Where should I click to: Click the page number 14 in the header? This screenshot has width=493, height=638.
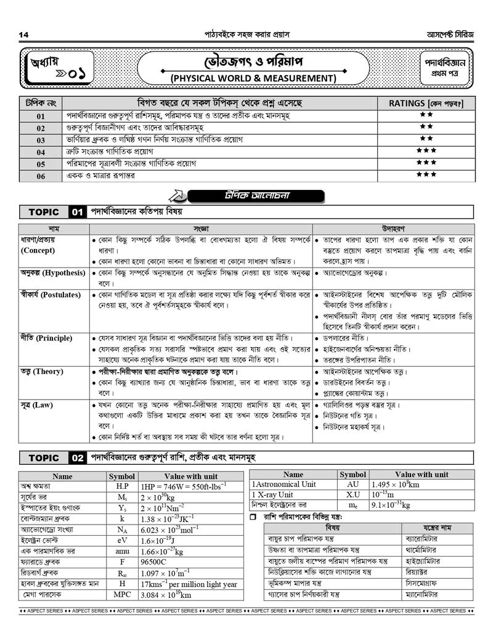[24, 33]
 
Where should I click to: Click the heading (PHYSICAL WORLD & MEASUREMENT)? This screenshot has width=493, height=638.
[253, 78]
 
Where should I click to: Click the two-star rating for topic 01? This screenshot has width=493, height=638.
[426, 115]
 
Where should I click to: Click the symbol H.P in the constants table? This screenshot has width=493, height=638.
[122, 486]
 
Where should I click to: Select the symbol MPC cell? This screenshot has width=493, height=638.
[122, 595]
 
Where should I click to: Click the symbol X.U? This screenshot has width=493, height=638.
[352, 494]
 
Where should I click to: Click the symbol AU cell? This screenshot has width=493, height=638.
[352, 485]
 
